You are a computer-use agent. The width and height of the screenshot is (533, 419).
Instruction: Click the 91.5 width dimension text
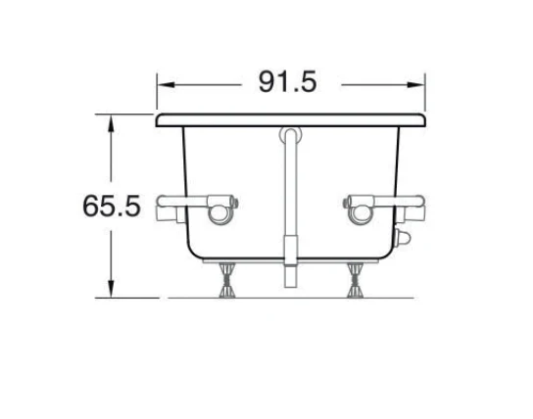(288, 81)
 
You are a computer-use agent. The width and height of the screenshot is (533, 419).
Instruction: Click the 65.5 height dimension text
(112, 206)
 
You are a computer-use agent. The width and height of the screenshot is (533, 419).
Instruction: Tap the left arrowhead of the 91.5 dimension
(167, 84)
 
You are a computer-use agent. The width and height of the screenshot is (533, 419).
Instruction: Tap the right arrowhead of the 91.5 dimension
(416, 84)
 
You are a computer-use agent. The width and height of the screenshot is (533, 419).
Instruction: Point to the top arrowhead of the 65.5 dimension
(111, 123)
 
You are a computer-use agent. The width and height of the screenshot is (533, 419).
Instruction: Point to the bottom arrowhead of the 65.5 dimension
(111, 289)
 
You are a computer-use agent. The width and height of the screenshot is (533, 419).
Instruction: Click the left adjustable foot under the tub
(226, 280)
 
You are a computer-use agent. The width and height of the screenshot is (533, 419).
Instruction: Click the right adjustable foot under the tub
(356, 280)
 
